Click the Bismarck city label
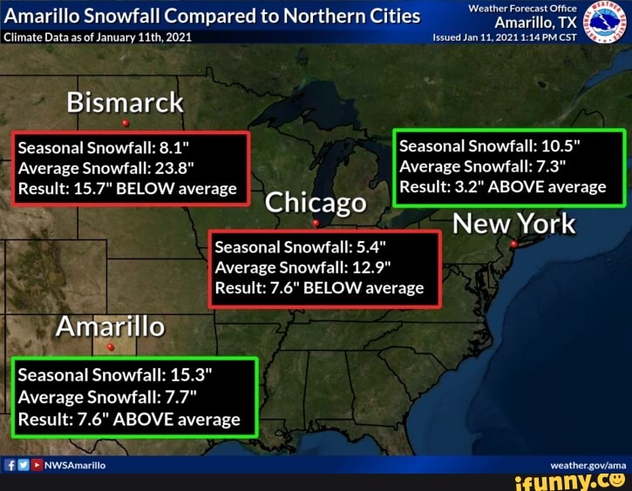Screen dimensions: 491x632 click(126, 103)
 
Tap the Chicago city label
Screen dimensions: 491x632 click(315, 203)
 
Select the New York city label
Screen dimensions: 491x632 click(514, 224)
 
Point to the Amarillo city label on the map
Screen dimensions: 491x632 click(110, 326)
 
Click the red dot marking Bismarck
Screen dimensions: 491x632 click(126, 123)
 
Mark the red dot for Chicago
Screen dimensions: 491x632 click(316, 223)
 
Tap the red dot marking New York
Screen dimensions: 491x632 click(513, 245)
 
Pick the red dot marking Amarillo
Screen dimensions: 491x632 click(110, 346)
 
